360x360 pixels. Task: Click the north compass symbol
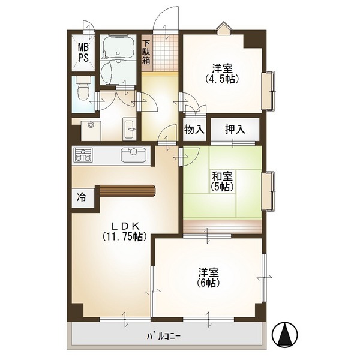pyautogui.click(x=284, y=334)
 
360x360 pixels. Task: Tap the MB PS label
pyautogui.click(x=83, y=53)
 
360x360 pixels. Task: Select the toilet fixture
pyautogui.click(x=83, y=88)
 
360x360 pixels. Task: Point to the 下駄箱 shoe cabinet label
pyautogui.click(x=146, y=53)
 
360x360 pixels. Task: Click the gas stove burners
pyautogui.click(x=83, y=155)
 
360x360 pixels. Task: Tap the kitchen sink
pyautogui.click(x=134, y=155)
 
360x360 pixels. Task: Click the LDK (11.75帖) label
pyautogui.click(x=125, y=232)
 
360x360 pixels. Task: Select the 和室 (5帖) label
pyautogui.click(x=222, y=182)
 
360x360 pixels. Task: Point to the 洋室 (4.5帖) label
pyautogui.click(x=222, y=74)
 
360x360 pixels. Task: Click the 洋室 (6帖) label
pyautogui.click(x=208, y=277)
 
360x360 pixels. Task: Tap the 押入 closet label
pyautogui.click(x=235, y=130)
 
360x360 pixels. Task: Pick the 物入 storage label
pyautogui.click(x=194, y=130)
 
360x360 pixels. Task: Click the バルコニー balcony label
pyautogui.click(x=164, y=337)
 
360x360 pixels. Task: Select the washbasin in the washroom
pyautogui.click(x=130, y=129)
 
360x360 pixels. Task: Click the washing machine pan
pyautogui.click(x=91, y=131)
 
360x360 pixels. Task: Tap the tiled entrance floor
pyautogui.click(x=166, y=53)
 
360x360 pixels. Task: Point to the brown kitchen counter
pyautogui.click(x=127, y=191)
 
